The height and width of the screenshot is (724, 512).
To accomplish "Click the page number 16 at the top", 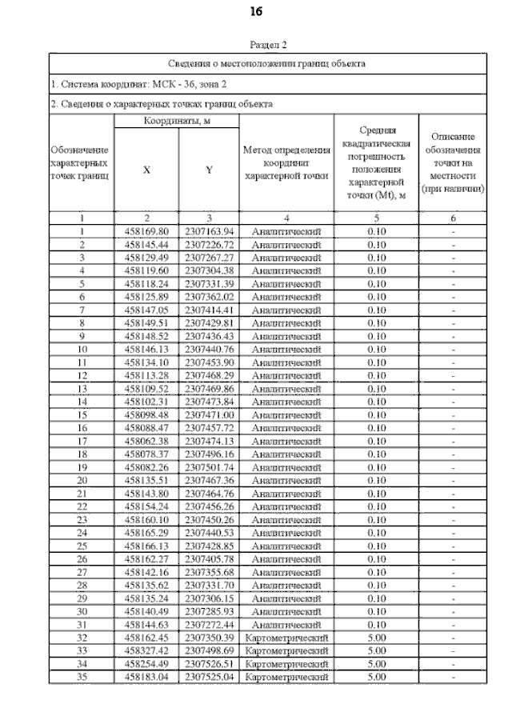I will pyautogui.click(x=257, y=12).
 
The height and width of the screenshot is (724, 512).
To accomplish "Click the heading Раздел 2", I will pyautogui.click(x=268, y=46).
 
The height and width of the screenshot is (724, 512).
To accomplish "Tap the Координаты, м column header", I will pyautogui.click(x=176, y=121).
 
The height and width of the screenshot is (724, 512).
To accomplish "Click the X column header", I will pyautogui.click(x=146, y=170).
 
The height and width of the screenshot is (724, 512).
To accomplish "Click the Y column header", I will pyautogui.click(x=208, y=170).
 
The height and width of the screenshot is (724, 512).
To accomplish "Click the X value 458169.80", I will pyautogui.click(x=146, y=231).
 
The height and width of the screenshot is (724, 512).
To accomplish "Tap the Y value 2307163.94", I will pyautogui.click(x=208, y=231).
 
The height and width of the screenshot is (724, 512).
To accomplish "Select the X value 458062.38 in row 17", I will pyautogui.click(x=146, y=442).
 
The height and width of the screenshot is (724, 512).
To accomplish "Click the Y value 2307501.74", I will pyautogui.click(x=208, y=467).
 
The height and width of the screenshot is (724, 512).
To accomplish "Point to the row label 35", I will pyautogui.click(x=81, y=677).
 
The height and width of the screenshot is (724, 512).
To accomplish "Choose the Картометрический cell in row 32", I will pyautogui.click(x=286, y=638).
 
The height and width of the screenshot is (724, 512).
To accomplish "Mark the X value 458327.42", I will pyautogui.click(x=146, y=650).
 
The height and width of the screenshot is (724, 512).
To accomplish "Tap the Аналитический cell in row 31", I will pyautogui.click(x=286, y=625).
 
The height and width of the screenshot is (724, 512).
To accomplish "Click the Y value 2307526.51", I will pyautogui.click(x=208, y=664).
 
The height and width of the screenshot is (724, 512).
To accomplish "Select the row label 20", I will pyautogui.click(x=81, y=480).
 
